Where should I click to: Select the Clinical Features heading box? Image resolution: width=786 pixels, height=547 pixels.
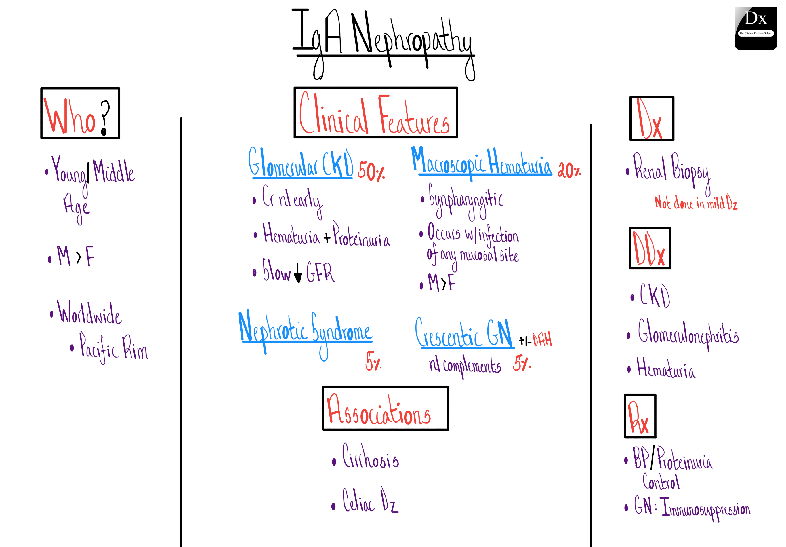375,113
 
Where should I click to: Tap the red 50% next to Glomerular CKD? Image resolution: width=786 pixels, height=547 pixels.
371,171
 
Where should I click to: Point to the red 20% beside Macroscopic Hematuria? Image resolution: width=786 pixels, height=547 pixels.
569,170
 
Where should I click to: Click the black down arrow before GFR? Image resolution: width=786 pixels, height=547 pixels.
298,273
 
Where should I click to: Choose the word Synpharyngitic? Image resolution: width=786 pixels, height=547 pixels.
466,200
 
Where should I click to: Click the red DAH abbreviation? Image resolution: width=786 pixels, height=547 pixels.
542,339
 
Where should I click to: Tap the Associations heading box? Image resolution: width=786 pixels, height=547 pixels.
385,408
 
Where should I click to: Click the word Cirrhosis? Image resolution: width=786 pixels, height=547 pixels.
371,457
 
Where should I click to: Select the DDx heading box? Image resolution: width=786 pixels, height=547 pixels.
650,248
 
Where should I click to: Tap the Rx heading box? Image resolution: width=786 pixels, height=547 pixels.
640,416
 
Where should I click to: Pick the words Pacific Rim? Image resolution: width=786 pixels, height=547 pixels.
114,348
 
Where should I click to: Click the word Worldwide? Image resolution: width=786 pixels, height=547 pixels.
89,313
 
